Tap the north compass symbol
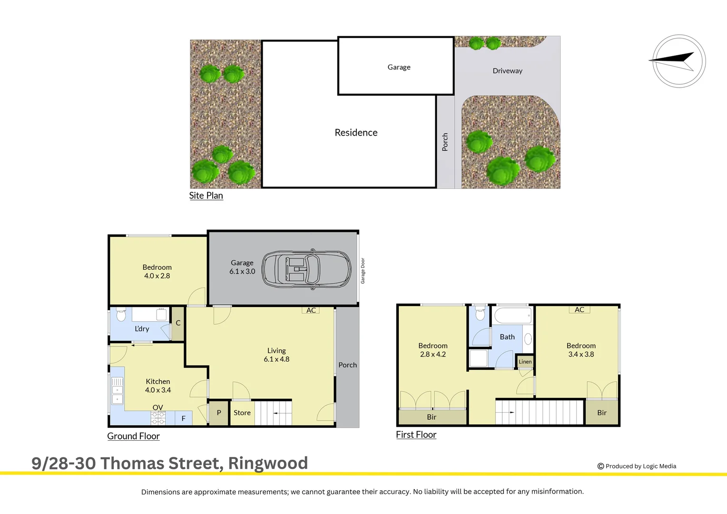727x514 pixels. coord(678,61)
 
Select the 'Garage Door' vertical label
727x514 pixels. coord(363,271)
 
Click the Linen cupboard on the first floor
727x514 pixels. coord(525,362)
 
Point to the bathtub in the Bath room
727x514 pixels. coord(512,316)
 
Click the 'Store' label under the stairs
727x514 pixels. coord(242,413)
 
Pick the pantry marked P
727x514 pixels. coord(219,413)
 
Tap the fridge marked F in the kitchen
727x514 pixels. coord(183,418)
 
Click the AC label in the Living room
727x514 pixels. coord(311,310)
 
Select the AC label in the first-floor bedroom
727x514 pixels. coord(580,310)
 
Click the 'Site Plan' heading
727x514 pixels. coord(206,196)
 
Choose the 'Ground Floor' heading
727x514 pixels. coord(134,436)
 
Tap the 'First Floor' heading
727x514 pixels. coord(416,435)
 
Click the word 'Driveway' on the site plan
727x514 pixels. coord(508,71)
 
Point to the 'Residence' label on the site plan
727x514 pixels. coord(356,133)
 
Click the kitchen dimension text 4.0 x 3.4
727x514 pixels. coord(158,390)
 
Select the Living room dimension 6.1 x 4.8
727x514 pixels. coord(276,359)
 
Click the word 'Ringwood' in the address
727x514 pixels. coord(268,463)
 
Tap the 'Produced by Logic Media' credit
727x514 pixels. coord(637,466)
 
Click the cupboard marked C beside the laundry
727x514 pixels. coord(178,323)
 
